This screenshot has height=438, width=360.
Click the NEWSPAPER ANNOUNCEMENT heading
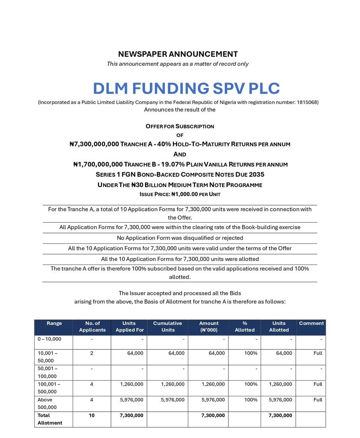pyautogui.click(x=178, y=54)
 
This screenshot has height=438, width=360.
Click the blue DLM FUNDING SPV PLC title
pyautogui.click(x=186, y=88)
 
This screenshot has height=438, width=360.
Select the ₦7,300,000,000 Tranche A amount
pyautogui.click(x=94, y=144)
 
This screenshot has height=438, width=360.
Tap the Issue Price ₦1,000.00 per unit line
pyautogui.click(x=180, y=195)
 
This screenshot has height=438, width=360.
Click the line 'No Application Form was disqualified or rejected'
pyautogui.click(x=180, y=238)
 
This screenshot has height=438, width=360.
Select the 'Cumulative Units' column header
pyautogui.click(x=167, y=326)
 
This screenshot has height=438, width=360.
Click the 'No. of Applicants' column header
pyautogui.click(x=92, y=326)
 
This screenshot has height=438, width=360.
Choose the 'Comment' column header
pyautogui.click(x=311, y=323)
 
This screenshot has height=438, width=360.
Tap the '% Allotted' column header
pyautogui.click(x=245, y=326)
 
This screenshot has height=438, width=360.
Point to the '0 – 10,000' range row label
pyautogui.click(x=50, y=339)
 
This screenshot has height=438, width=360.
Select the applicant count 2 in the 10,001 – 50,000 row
pyautogui.click(x=92, y=353)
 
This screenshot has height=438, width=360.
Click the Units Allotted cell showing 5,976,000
pyautogui.click(x=280, y=400)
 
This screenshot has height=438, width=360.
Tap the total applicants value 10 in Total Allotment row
pyautogui.click(x=92, y=415)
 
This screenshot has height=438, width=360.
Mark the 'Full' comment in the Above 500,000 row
pyautogui.click(x=317, y=400)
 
